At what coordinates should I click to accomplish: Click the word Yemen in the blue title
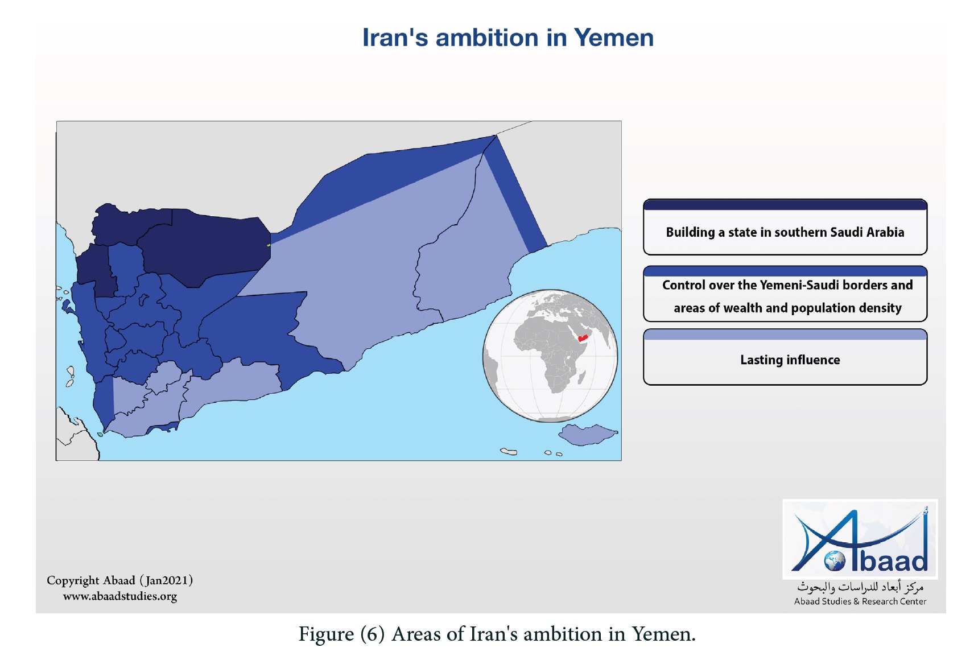tap(613, 38)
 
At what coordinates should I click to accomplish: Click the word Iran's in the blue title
tap(395, 38)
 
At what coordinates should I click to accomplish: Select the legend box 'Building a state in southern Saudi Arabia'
tap(785, 227)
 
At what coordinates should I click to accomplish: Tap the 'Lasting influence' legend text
tap(790, 360)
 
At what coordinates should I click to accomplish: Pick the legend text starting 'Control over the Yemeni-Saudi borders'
tap(787, 296)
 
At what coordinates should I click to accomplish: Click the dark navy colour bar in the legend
tap(785, 205)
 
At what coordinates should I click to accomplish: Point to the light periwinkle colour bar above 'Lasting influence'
tap(785, 335)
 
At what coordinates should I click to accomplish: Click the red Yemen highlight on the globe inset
tap(583, 338)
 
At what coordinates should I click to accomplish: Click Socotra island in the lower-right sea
tap(588, 434)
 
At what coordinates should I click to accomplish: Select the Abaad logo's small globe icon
tap(835, 561)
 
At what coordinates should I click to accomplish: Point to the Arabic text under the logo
tap(860, 587)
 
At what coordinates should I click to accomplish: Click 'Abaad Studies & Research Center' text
tap(860, 601)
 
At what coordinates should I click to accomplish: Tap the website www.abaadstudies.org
tap(120, 596)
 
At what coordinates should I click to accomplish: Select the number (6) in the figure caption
tap(373, 634)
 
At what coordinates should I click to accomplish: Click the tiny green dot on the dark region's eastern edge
tap(269, 245)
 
